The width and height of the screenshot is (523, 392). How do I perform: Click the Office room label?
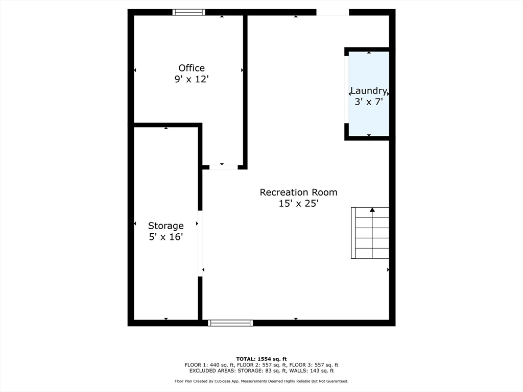[192, 68]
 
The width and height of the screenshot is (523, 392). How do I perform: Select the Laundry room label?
[368, 91]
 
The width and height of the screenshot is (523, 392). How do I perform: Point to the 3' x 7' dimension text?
[369, 102]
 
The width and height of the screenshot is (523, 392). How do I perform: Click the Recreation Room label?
[298, 192]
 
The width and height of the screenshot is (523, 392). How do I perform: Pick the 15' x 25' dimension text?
[298, 203]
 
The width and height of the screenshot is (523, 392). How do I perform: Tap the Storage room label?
[165, 226]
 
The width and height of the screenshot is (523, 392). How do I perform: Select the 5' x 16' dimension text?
[165, 237]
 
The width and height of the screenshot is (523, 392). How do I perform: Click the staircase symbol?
[370, 233]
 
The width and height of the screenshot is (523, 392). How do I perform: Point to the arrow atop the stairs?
[372, 210]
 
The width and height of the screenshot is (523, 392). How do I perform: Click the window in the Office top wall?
[188, 12]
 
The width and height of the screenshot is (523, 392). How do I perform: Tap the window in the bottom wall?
[230, 323]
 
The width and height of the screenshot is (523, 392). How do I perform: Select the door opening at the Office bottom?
[223, 166]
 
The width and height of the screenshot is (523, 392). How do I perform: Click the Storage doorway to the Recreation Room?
[200, 243]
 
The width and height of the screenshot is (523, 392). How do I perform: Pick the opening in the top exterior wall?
[332, 12]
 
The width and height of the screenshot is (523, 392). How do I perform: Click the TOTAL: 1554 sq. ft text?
[261, 359]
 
